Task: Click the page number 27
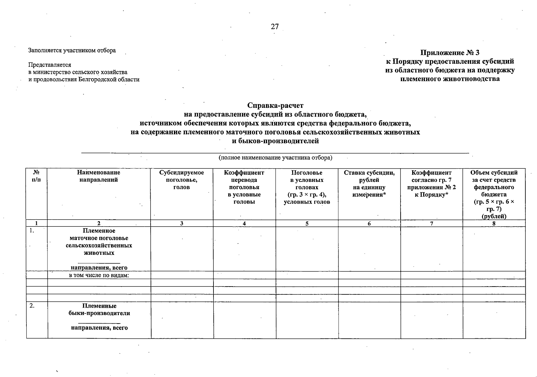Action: pyautogui.click(x=274, y=26)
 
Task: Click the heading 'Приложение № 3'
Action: pyautogui.click(x=450, y=52)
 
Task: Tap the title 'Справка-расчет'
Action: pyautogui.click(x=275, y=105)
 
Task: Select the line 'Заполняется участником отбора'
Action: pyautogui.click(x=72, y=50)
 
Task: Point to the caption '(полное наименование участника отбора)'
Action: pyautogui.click(x=275, y=158)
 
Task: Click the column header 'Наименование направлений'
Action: pyautogui.click(x=98, y=176)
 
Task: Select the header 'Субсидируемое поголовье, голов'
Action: pyautogui.click(x=181, y=180)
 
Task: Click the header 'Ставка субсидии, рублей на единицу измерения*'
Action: pyautogui.click(x=369, y=183)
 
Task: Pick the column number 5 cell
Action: pyautogui.click(x=307, y=224)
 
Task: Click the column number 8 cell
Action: pyautogui.click(x=494, y=224)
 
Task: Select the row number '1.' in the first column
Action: pyautogui.click(x=32, y=231)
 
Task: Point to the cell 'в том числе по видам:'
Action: pyautogui.click(x=99, y=276)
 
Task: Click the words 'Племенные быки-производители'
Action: pyautogui.click(x=99, y=309)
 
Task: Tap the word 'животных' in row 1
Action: pyautogui.click(x=99, y=253)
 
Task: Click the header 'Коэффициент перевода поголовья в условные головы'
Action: pyautogui.click(x=244, y=187)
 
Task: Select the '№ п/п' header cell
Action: pyautogui.click(x=36, y=176)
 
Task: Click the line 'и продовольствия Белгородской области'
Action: pyautogui.click(x=84, y=79)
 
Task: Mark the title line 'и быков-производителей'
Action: pyautogui.click(x=275, y=141)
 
